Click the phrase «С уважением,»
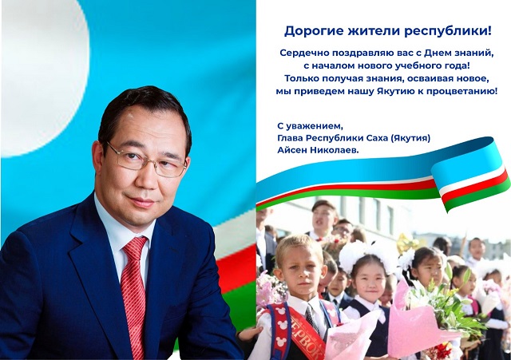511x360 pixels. [x=311, y=126]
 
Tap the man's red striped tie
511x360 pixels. [x=134, y=293]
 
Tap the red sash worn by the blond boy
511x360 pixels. [x=305, y=332]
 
